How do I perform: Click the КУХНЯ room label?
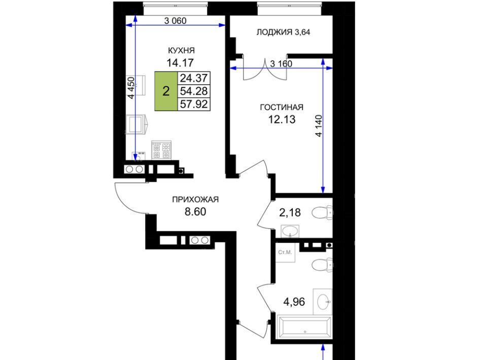pyautogui.click(x=182, y=50)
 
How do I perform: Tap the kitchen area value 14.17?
pyautogui.click(x=180, y=63)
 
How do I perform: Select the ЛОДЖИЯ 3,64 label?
pyautogui.click(x=283, y=32)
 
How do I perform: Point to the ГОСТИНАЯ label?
pyautogui.click(x=282, y=107)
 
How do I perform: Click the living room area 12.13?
pyautogui.click(x=282, y=119)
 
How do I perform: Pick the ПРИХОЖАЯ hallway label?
pyautogui.click(x=195, y=199)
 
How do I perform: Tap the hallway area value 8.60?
pyautogui.click(x=195, y=211)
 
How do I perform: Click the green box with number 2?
pyautogui.click(x=166, y=91)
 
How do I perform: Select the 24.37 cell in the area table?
pyautogui.click(x=194, y=78)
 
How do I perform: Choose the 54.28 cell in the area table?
pyautogui.click(x=194, y=91)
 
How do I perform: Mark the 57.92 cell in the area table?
pyautogui.click(x=194, y=104)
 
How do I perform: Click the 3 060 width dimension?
pyautogui.click(x=176, y=21)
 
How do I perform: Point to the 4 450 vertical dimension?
pyautogui.click(x=132, y=88)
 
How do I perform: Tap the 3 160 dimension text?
pyautogui.click(x=282, y=63)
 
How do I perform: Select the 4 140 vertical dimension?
pyautogui.click(x=319, y=126)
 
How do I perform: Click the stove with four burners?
pyautogui.click(x=161, y=150)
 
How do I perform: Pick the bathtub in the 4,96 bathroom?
pyautogui.click(x=304, y=327)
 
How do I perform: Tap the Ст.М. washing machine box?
pyautogui.click(x=285, y=253)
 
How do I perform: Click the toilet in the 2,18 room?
pyautogui.click(x=323, y=213)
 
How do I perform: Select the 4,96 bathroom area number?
pyautogui.click(x=294, y=302)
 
